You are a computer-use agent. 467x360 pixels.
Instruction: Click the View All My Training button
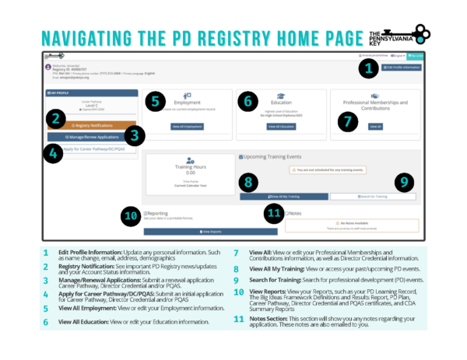284,197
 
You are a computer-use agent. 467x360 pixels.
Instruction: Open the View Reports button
210,231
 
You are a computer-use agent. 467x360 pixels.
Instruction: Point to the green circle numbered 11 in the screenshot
273,212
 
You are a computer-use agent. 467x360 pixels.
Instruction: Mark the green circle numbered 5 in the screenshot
155,100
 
